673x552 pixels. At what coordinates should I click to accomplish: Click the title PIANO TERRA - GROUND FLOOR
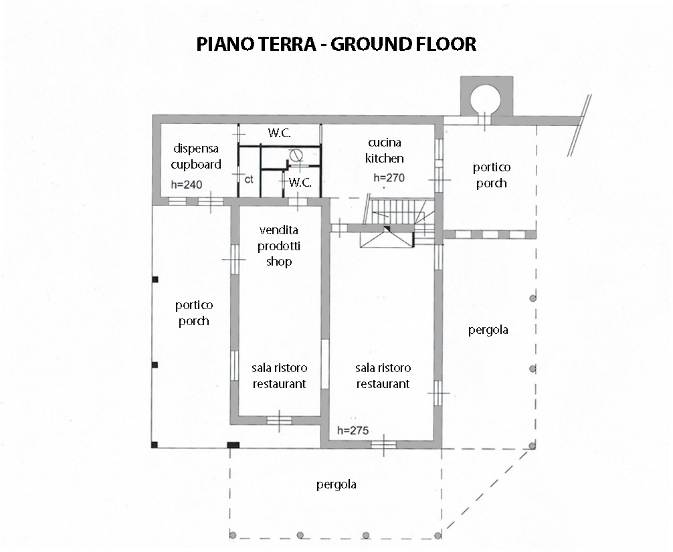pyautogui.click(x=336, y=44)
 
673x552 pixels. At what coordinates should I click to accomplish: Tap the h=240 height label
pyautogui.click(x=187, y=185)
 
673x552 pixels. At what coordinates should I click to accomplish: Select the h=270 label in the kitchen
pyautogui.click(x=389, y=178)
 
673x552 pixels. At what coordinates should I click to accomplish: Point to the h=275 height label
pyautogui.click(x=353, y=430)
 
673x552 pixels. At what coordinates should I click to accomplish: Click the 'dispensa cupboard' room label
pyautogui.click(x=196, y=157)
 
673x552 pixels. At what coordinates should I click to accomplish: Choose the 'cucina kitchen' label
pyautogui.click(x=385, y=151)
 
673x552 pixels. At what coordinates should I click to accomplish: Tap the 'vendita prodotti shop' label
pyautogui.click(x=279, y=246)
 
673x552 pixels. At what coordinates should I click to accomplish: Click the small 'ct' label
pyautogui.click(x=249, y=179)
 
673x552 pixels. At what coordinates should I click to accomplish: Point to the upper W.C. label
pyautogui.click(x=280, y=133)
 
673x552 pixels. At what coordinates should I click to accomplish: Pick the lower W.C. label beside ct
pyautogui.click(x=300, y=183)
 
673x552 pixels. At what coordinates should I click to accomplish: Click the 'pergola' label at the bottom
pyautogui.click(x=336, y=484)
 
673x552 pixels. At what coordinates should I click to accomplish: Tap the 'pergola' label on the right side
pyautogui.click(x=488, y=330)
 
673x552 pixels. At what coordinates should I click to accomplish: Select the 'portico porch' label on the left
pyautogui.click(x=194, y=313)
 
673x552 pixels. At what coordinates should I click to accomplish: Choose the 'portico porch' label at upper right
pyautogui.click(x=492, y=175)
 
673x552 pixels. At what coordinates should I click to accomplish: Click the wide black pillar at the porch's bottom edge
pyautogui.click(x=233, y=445)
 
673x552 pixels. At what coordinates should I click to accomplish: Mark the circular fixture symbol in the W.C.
pyautogui.click(x=296, y=155)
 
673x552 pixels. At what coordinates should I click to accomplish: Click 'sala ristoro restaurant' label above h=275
pyautogui.click(x=383, y=375)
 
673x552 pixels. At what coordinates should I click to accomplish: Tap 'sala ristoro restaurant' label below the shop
pyautogui.click(x=280, y=375)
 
